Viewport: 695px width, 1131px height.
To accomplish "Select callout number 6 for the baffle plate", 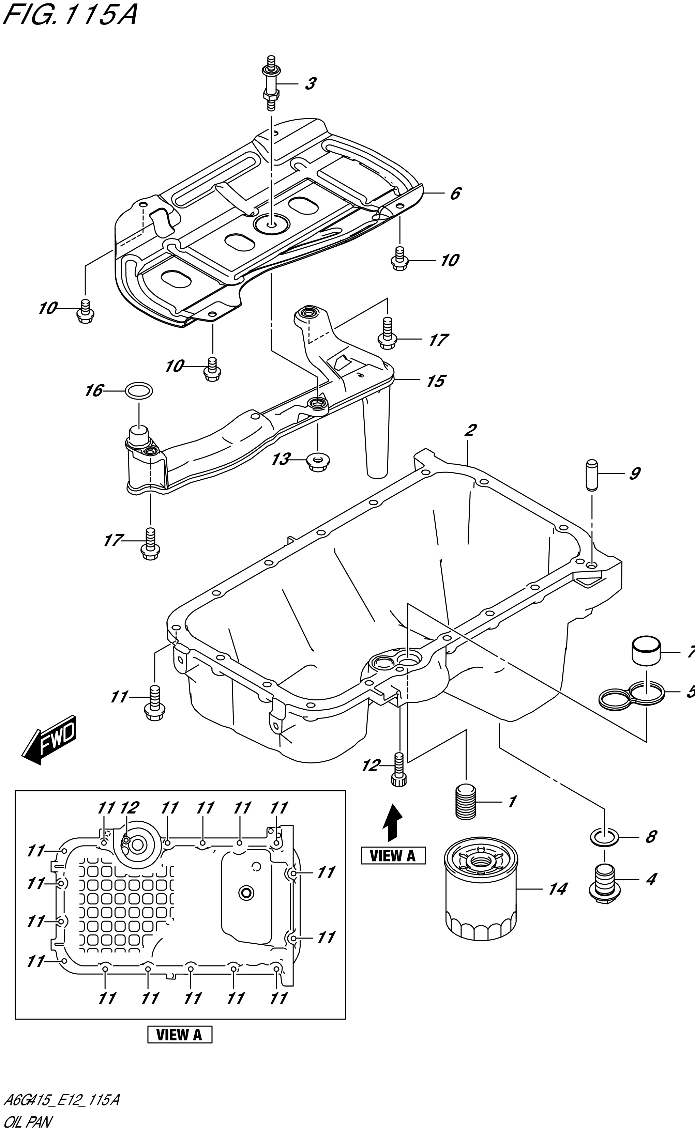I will [455, 194].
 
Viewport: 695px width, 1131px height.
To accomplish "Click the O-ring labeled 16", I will [139, 391].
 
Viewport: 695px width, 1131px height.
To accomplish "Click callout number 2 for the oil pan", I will [470, 431].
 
